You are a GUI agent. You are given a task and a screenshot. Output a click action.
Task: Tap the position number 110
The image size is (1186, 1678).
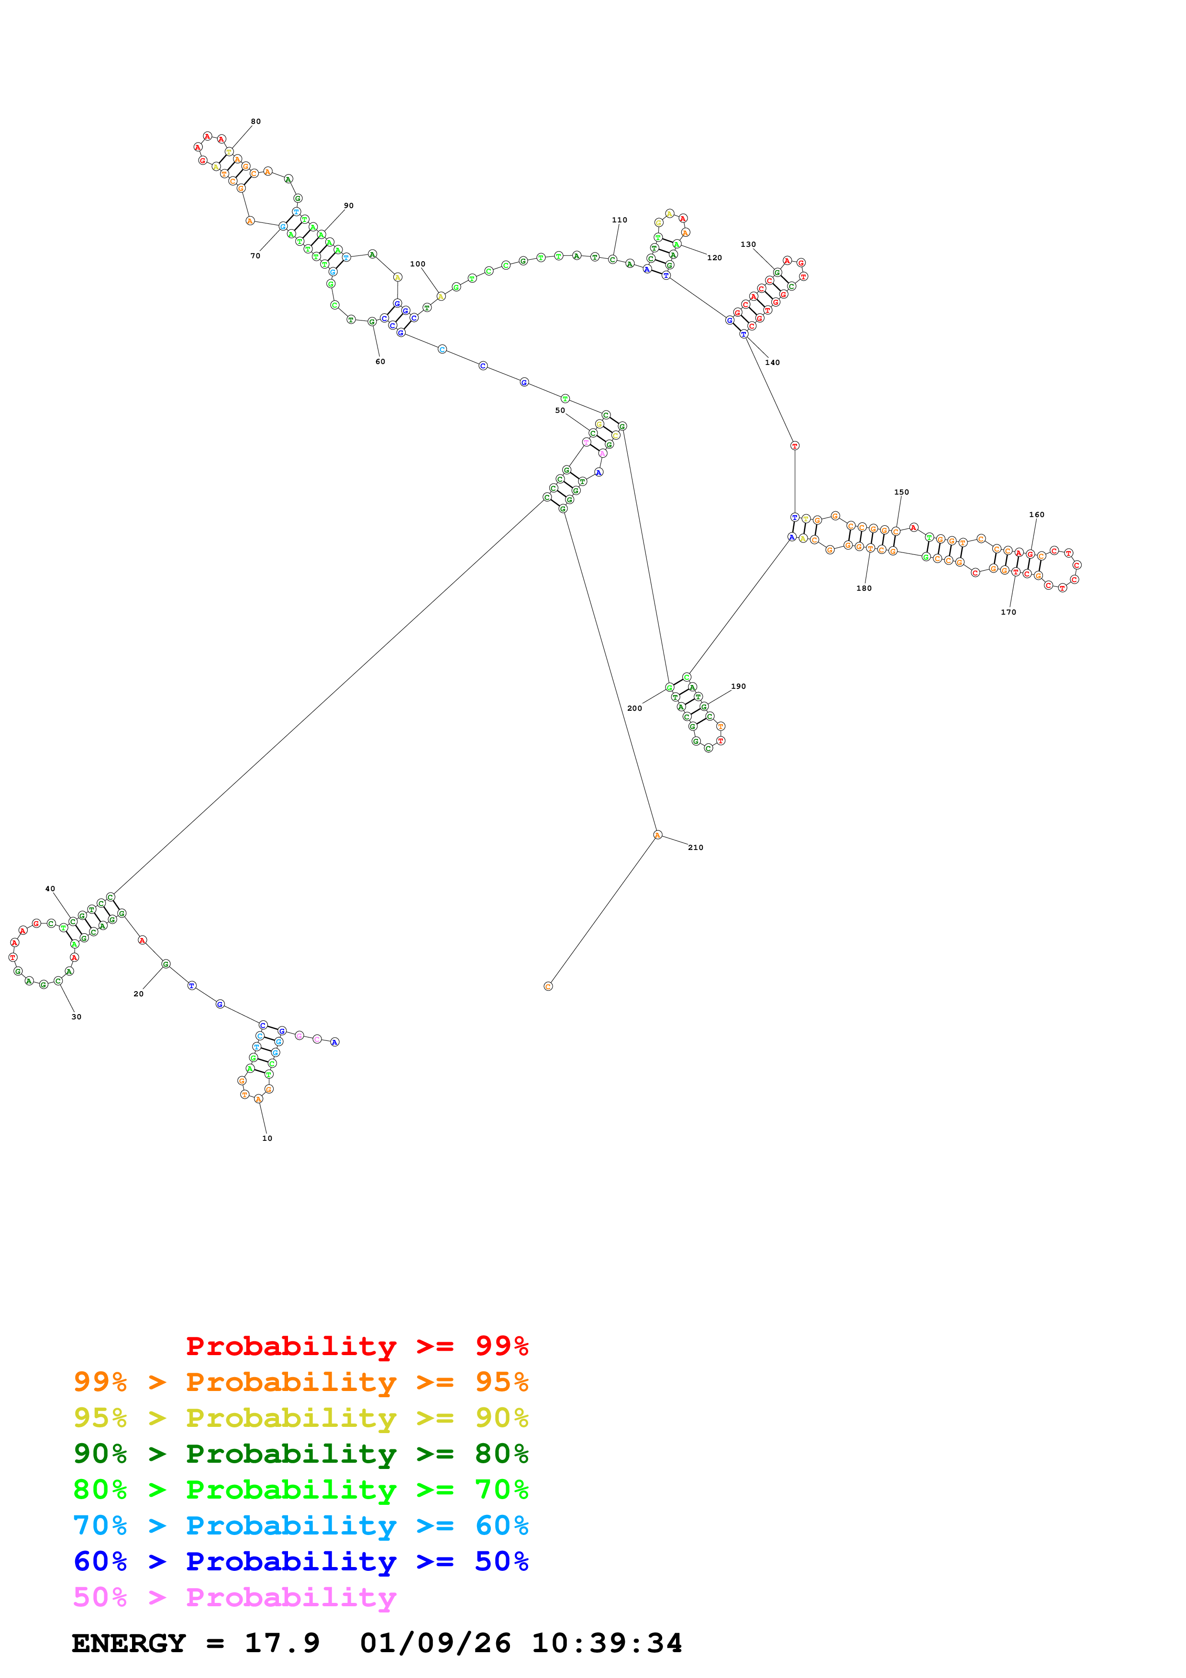[619, 220]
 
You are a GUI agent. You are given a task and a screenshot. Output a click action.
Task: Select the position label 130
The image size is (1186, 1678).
[748, 245]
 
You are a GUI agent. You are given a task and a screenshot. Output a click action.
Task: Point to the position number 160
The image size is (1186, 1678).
[1036, 515]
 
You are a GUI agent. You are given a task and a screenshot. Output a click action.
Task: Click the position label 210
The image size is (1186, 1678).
[695, 848]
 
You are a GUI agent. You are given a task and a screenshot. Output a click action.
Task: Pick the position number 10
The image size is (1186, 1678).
[267, 1138]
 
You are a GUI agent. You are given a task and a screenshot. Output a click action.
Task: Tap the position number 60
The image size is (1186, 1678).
[380, 362]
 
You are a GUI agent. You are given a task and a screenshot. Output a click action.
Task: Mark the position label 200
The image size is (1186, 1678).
[634, 708]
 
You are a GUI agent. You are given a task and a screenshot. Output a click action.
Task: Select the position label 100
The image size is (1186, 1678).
[417, 265]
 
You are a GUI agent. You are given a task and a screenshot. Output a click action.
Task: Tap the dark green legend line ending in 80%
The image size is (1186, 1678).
[300, 1454]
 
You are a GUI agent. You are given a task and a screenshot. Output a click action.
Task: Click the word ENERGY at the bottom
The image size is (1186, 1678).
[129, 1643]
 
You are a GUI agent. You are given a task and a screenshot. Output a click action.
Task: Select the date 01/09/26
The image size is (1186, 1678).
[435, 1643]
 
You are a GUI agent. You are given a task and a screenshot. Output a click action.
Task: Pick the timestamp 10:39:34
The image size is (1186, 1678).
[607, 1643]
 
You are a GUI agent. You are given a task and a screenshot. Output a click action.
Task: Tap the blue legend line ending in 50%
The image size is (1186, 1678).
[300, 1561]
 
